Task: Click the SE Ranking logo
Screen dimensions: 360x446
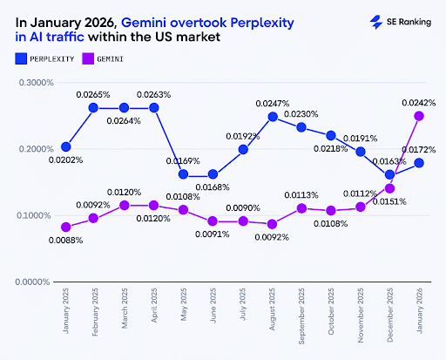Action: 400,23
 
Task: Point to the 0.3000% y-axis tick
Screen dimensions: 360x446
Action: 37,83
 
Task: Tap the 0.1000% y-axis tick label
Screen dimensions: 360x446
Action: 37,215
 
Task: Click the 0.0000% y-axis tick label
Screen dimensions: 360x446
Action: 37,282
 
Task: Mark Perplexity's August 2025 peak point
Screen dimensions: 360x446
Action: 273,117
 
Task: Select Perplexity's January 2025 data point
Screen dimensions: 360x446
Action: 66,146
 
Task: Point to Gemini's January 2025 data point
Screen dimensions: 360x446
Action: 66,228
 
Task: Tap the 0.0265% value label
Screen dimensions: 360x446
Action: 93,94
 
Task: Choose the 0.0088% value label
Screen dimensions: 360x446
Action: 65,241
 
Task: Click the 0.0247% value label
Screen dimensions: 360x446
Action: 273,104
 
